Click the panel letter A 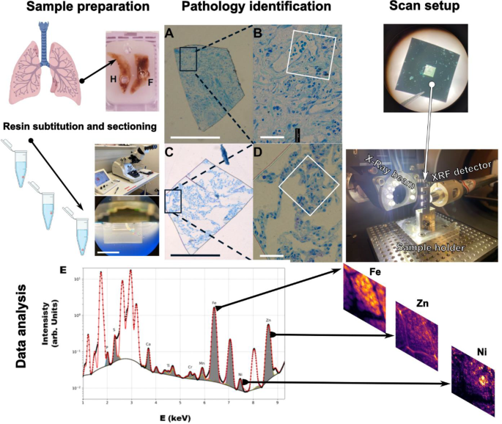click(x=170, y=34)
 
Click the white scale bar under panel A click(x=193, y=136)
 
